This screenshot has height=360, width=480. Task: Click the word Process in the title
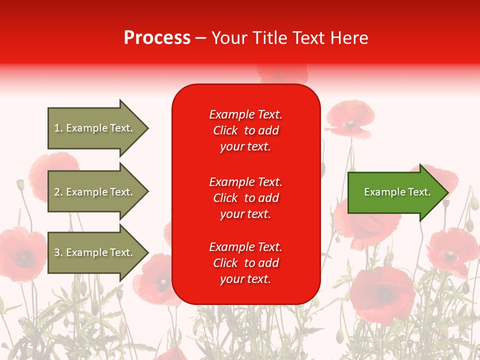[x=157, y=38]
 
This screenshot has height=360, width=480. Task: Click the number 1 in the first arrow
[x=57, y=128]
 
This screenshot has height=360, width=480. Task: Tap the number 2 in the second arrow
[x=57, y=192]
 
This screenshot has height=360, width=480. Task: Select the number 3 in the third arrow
[x=57, y=252]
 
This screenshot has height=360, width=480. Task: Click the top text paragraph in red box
[x=245, y=130]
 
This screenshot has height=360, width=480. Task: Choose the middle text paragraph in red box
[x=245, y=198]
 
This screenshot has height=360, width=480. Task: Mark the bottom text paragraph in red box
[x=245, y=263]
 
